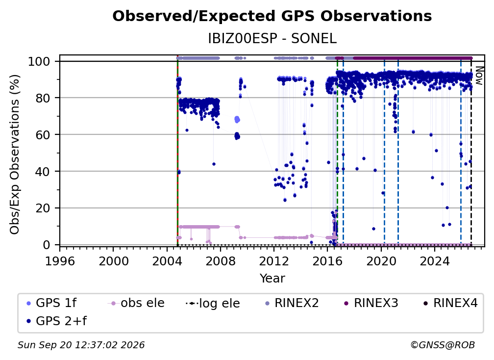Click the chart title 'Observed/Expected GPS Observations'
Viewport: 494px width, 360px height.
pos(272,16)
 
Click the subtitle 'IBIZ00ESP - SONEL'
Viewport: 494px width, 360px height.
pos(272,38)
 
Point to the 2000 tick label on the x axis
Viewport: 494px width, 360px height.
pos(113,261)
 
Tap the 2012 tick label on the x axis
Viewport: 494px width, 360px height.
pos(274,261)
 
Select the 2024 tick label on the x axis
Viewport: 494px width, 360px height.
pos(434,261)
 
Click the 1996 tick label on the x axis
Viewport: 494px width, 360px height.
pos(60,261)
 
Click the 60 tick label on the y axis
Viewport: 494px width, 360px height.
pos(43,134)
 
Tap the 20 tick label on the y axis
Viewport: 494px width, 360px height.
pos(43,208)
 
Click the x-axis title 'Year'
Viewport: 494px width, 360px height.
pos(272,279)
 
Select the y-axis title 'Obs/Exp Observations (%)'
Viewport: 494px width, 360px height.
pos(15,154)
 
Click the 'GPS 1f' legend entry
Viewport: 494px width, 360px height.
pos(51,303)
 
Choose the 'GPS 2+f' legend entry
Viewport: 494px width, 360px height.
pos(57,321)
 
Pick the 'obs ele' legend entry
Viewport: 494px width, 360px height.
pos(136,303)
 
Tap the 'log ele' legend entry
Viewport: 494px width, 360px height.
pos(213,303)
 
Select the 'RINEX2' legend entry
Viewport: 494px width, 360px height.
pos(292,303)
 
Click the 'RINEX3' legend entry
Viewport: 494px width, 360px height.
pos(371,303)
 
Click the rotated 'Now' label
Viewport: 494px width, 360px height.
pos(478,76)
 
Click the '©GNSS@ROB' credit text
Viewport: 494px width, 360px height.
pos(443,345)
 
